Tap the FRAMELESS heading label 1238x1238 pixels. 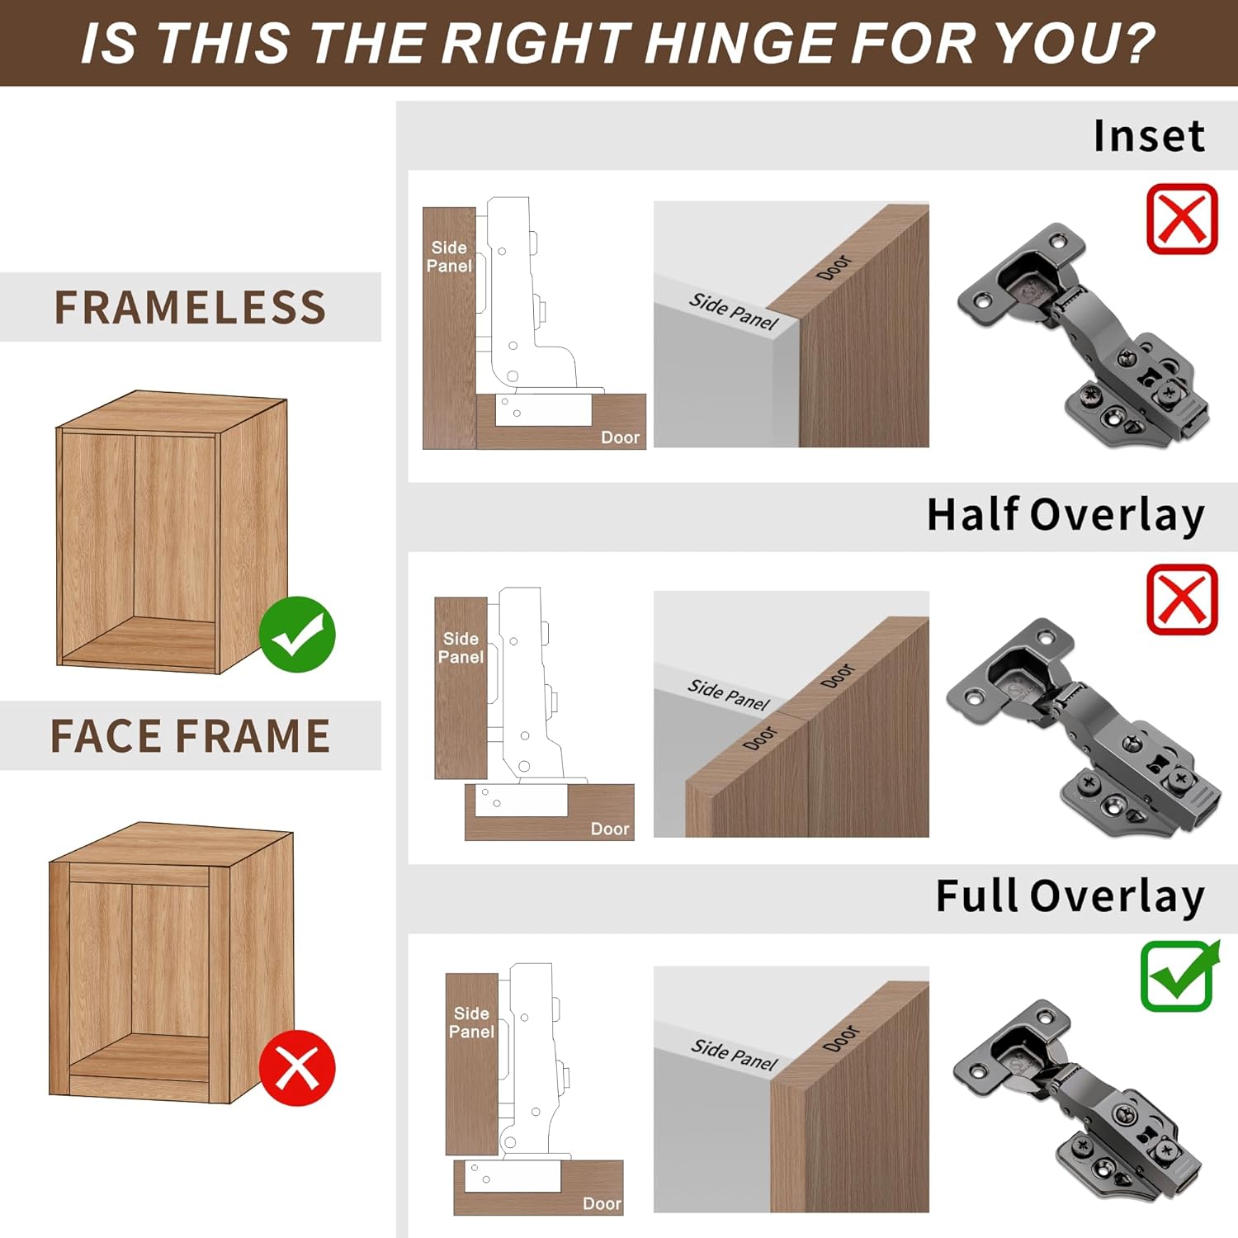coord(191,308)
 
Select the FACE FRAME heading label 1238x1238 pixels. coord(191,736)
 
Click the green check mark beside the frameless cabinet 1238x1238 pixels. coord(297,635)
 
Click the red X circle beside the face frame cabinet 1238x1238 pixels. coord(297,1068)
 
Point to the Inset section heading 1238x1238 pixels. coord(1149,136)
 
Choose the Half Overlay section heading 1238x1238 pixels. coord(1066,516)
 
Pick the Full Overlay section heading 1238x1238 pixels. coord(1070,897)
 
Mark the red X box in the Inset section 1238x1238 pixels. coord(1182,220)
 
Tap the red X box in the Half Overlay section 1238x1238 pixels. coord(1182,600)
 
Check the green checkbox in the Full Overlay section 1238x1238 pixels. coord(1179,977)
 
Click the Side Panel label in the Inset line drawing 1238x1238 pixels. coord(450,257)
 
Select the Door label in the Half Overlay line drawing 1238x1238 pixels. coord(610,829)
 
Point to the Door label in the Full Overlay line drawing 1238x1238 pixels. coord(602,1203)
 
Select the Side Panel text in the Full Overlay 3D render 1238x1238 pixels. coord(734,1055)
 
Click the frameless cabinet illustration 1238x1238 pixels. coord(172,532)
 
